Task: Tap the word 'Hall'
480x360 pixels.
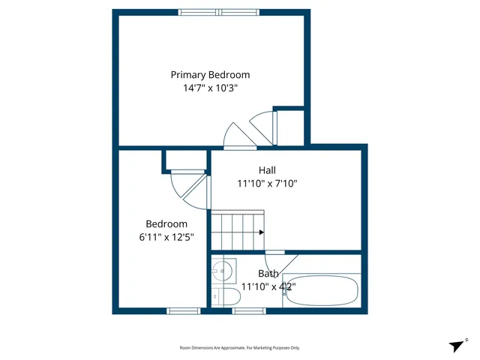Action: coord(268,170)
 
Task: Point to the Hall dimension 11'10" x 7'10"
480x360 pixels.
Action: coord(268,183)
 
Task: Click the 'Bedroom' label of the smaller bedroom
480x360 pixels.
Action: coord(166,223)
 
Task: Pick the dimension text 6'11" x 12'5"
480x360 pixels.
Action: coord(166,236)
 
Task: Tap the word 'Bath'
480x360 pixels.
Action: coord(268,274)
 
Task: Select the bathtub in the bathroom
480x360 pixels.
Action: coord(322,291)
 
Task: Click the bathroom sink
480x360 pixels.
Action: coord(223,269)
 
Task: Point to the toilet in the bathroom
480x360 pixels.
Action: coord(225,297)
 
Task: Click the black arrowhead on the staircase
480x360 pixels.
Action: coord(261,232)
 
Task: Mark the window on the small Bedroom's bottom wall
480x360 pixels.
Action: coord(183,310)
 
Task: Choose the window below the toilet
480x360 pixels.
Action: coord(248,310)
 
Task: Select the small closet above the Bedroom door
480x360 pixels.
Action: coord(185,159)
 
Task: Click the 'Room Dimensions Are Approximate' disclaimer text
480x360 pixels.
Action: coord(240,347)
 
